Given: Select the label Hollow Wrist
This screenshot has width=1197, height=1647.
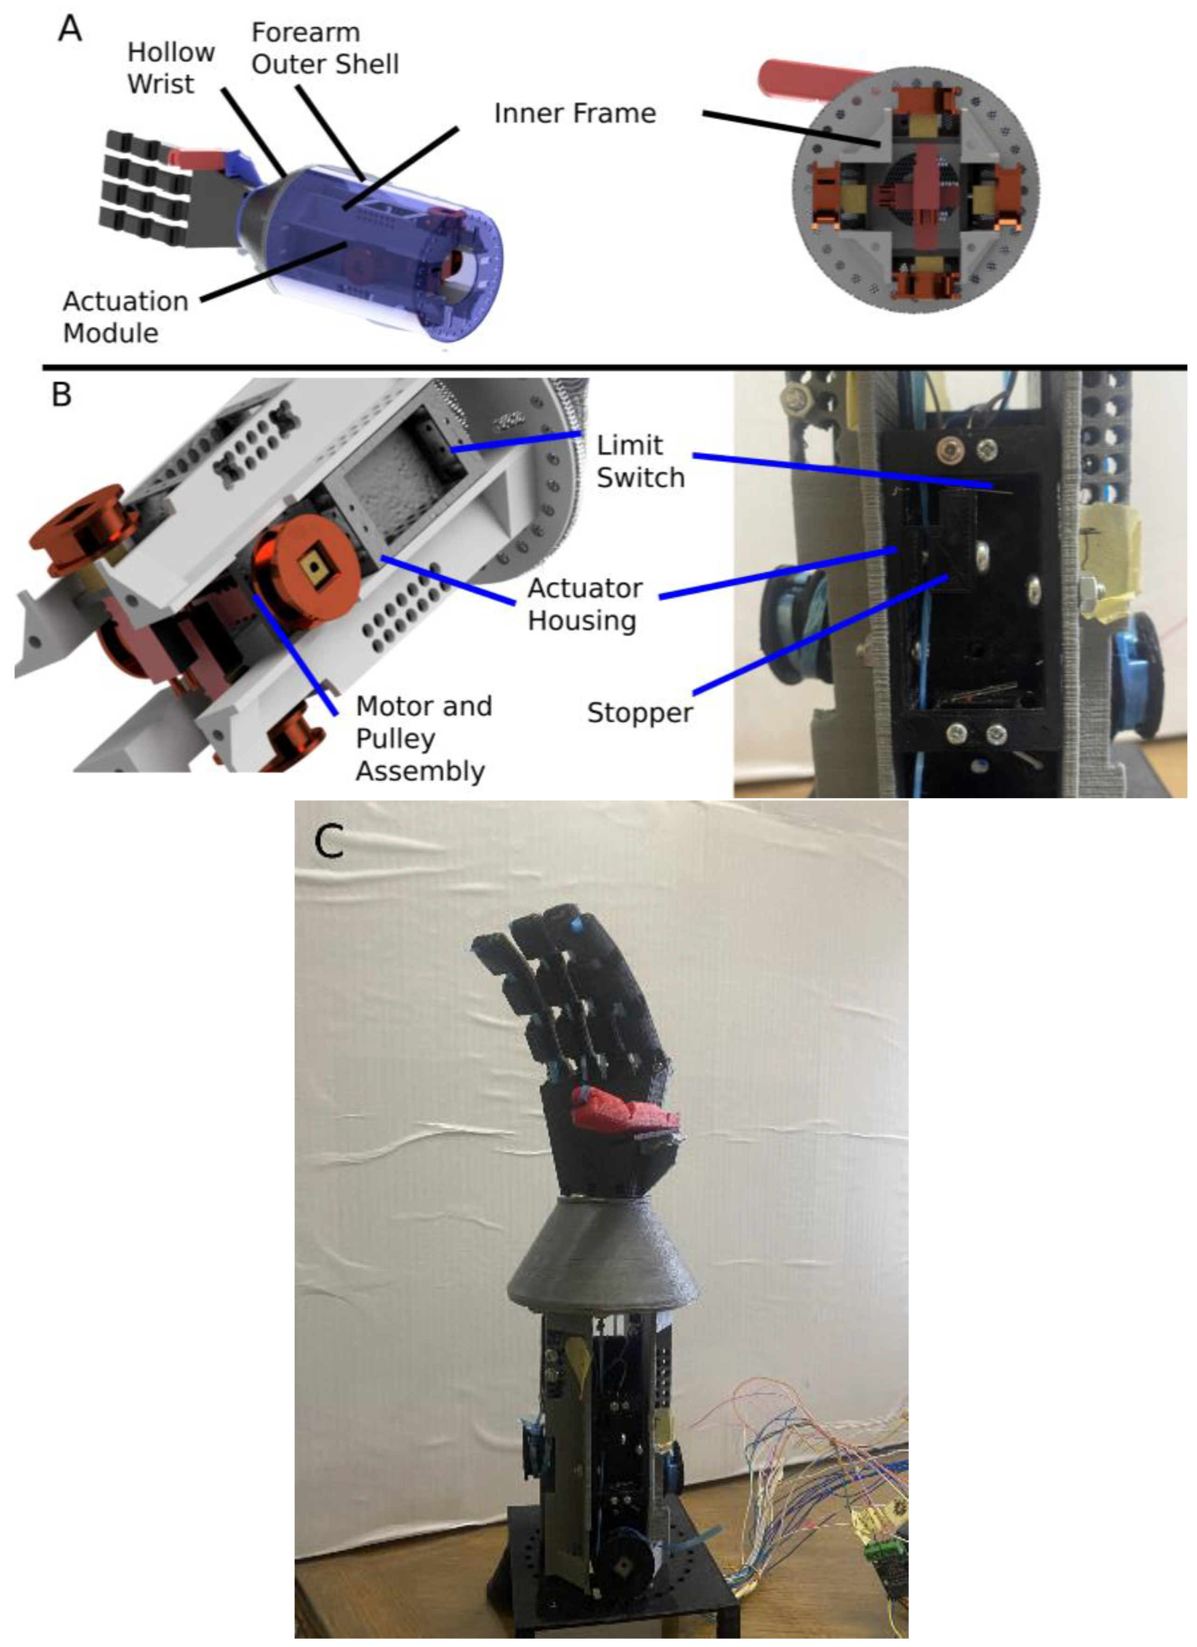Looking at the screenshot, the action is (171, 68).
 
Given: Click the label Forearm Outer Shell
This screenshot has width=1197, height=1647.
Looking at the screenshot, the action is (325, 48).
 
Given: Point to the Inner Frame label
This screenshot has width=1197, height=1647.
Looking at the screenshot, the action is (574, 113).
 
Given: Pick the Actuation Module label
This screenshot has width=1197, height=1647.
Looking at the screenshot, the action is (125, 317).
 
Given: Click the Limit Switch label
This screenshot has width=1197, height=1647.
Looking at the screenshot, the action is (640, 461).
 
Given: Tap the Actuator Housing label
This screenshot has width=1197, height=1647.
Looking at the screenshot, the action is (585, 604).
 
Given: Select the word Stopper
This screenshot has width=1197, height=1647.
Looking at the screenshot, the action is (640, 713).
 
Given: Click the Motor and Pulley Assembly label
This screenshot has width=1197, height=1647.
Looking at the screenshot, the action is (423, 738).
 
